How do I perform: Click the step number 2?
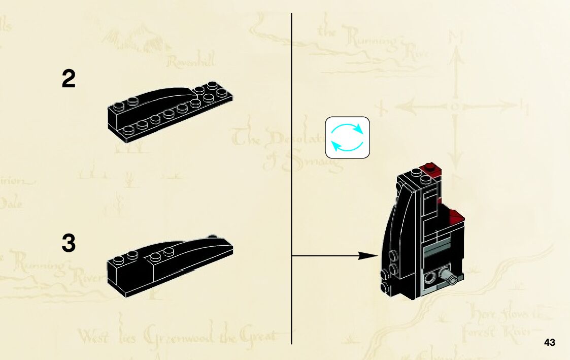tap(69, 80)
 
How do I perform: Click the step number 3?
tap(69, 244)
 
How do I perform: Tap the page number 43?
tap(549, 343)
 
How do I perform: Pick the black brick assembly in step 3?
tap(170, 266)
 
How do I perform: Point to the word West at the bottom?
tap(93, 336)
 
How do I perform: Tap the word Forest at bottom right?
tap(478, 334)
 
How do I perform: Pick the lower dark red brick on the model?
tap(455, 216)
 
